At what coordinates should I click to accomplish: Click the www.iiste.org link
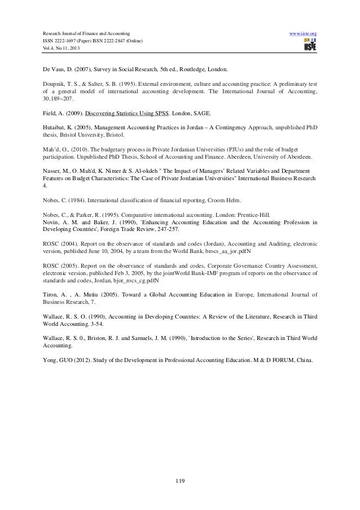[302, 34]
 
